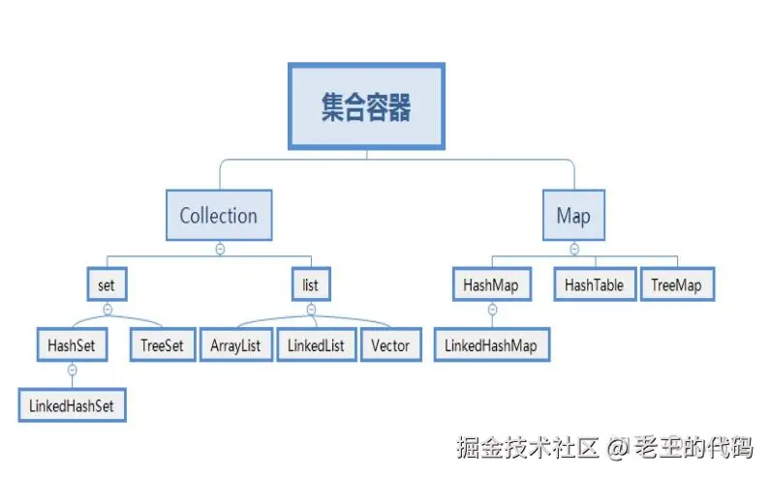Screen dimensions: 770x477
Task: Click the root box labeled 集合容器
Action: [366, 106]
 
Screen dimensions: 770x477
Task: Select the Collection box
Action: [219, 215]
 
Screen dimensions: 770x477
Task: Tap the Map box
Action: [573, 215]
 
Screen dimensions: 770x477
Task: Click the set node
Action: [107, 285]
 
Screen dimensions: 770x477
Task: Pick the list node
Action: [311, 285]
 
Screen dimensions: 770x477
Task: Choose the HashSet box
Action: [72, 345]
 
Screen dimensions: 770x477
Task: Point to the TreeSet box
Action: [163, 345]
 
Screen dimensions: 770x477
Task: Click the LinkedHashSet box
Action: [72, 405]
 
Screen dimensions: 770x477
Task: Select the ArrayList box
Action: [235, 345]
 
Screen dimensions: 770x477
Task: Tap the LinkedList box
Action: [316, 345]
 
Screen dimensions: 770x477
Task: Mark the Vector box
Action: [389, 345]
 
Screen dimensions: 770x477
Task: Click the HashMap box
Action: [491, 285]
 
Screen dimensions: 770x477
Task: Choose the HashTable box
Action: [594, 285]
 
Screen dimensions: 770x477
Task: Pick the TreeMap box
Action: [677, 285]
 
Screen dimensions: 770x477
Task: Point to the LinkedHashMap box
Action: [491, 344]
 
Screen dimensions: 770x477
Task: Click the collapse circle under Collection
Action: [220, 250]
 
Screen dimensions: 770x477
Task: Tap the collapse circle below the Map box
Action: [574, 249]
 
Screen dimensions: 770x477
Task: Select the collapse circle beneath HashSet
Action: [72, 370]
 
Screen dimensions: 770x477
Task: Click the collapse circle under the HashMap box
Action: [492, 310]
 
